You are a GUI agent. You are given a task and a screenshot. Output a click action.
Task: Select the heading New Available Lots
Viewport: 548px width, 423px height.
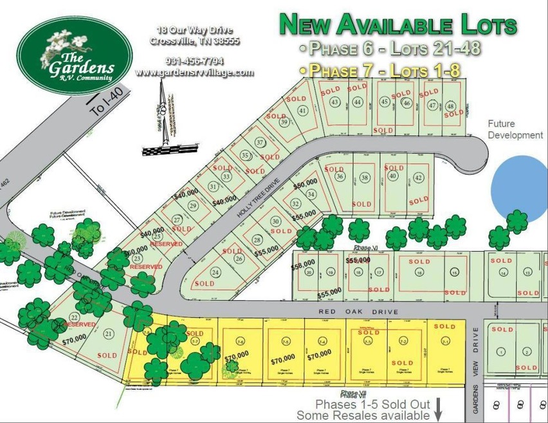pos(397,25)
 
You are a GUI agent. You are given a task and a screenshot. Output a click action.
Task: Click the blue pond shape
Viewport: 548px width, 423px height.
pos(519,186)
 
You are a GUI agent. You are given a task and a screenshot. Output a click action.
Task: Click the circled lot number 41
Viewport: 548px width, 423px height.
pos(303,111)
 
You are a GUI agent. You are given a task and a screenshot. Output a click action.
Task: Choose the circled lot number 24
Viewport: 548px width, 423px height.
pos(216,271)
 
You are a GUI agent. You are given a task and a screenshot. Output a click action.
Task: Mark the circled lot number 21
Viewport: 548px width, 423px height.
pos(109,333)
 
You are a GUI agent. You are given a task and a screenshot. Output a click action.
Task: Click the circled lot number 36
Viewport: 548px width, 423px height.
pos(340,177)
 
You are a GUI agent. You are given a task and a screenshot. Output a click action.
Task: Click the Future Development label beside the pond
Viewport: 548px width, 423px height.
pos(515,129)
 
